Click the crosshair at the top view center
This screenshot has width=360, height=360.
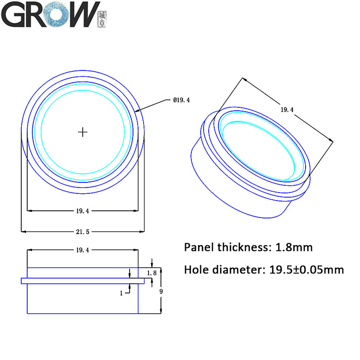tap(82, 132)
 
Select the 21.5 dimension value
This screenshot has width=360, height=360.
tap(82, 232)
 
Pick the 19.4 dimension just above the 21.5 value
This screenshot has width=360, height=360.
tap(82, 210)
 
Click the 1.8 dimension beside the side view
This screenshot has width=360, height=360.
tap(152, 273)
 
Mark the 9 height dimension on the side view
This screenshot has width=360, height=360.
tap(162, 291)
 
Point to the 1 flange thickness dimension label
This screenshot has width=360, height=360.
tap(121, 293)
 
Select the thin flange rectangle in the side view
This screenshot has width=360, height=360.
tap(83, 281)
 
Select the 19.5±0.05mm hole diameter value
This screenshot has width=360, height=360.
tap(306, 270)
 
